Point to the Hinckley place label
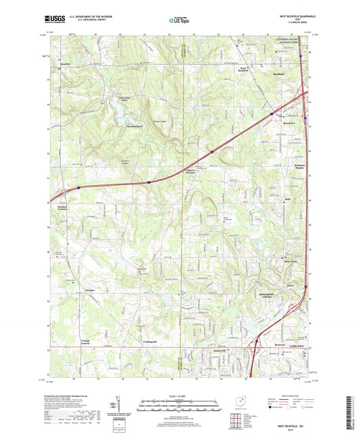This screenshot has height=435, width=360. point(66,64)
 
